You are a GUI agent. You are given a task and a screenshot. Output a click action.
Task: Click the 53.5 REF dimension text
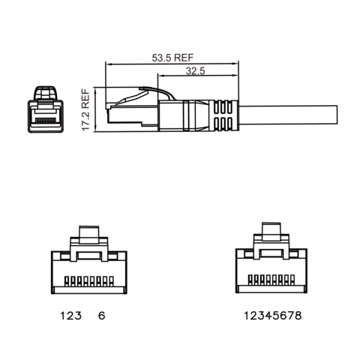tap(173, 57)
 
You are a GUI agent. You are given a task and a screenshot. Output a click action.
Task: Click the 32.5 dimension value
tap(194, 70)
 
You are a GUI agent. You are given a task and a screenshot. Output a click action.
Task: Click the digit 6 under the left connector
tap(101, 316)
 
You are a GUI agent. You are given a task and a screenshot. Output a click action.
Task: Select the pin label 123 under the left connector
tap(69, 316)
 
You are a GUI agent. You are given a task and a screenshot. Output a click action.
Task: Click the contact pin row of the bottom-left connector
tap(90, 283)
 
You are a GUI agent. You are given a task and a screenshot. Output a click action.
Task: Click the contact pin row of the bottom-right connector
tap(271, 283)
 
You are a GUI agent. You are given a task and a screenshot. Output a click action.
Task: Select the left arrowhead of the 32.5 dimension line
tap(160, 76)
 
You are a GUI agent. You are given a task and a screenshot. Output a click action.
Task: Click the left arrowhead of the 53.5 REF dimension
tap(107, 63)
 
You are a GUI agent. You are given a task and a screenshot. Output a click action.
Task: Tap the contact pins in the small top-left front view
tap(46, 119)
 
